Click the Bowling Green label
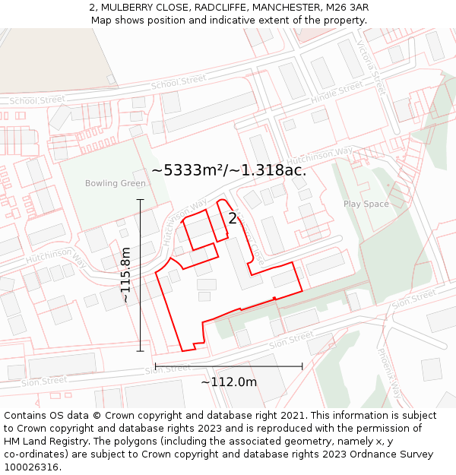click(x=115, y=183)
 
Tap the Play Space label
click(x=366, y=204)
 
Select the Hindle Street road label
click(x=337, y=93)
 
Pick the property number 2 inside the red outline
click(x=233, y=219)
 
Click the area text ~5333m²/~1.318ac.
click(x=229, y=170)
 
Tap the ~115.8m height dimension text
click(x=126, y=274)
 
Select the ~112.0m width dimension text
click(x=229, y=382)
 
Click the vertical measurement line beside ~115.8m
click(x=141, y=274)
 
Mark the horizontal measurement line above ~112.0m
click(x=229, y=366)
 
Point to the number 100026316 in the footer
click(x=33, y=467)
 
